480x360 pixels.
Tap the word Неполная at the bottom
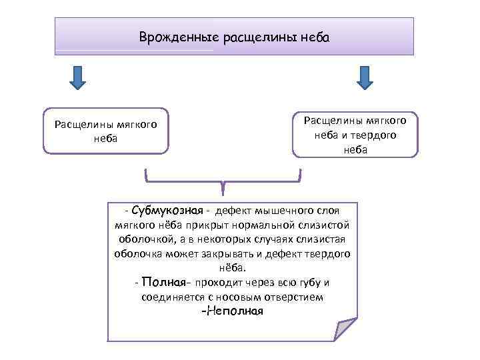[x=233, y=311]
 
